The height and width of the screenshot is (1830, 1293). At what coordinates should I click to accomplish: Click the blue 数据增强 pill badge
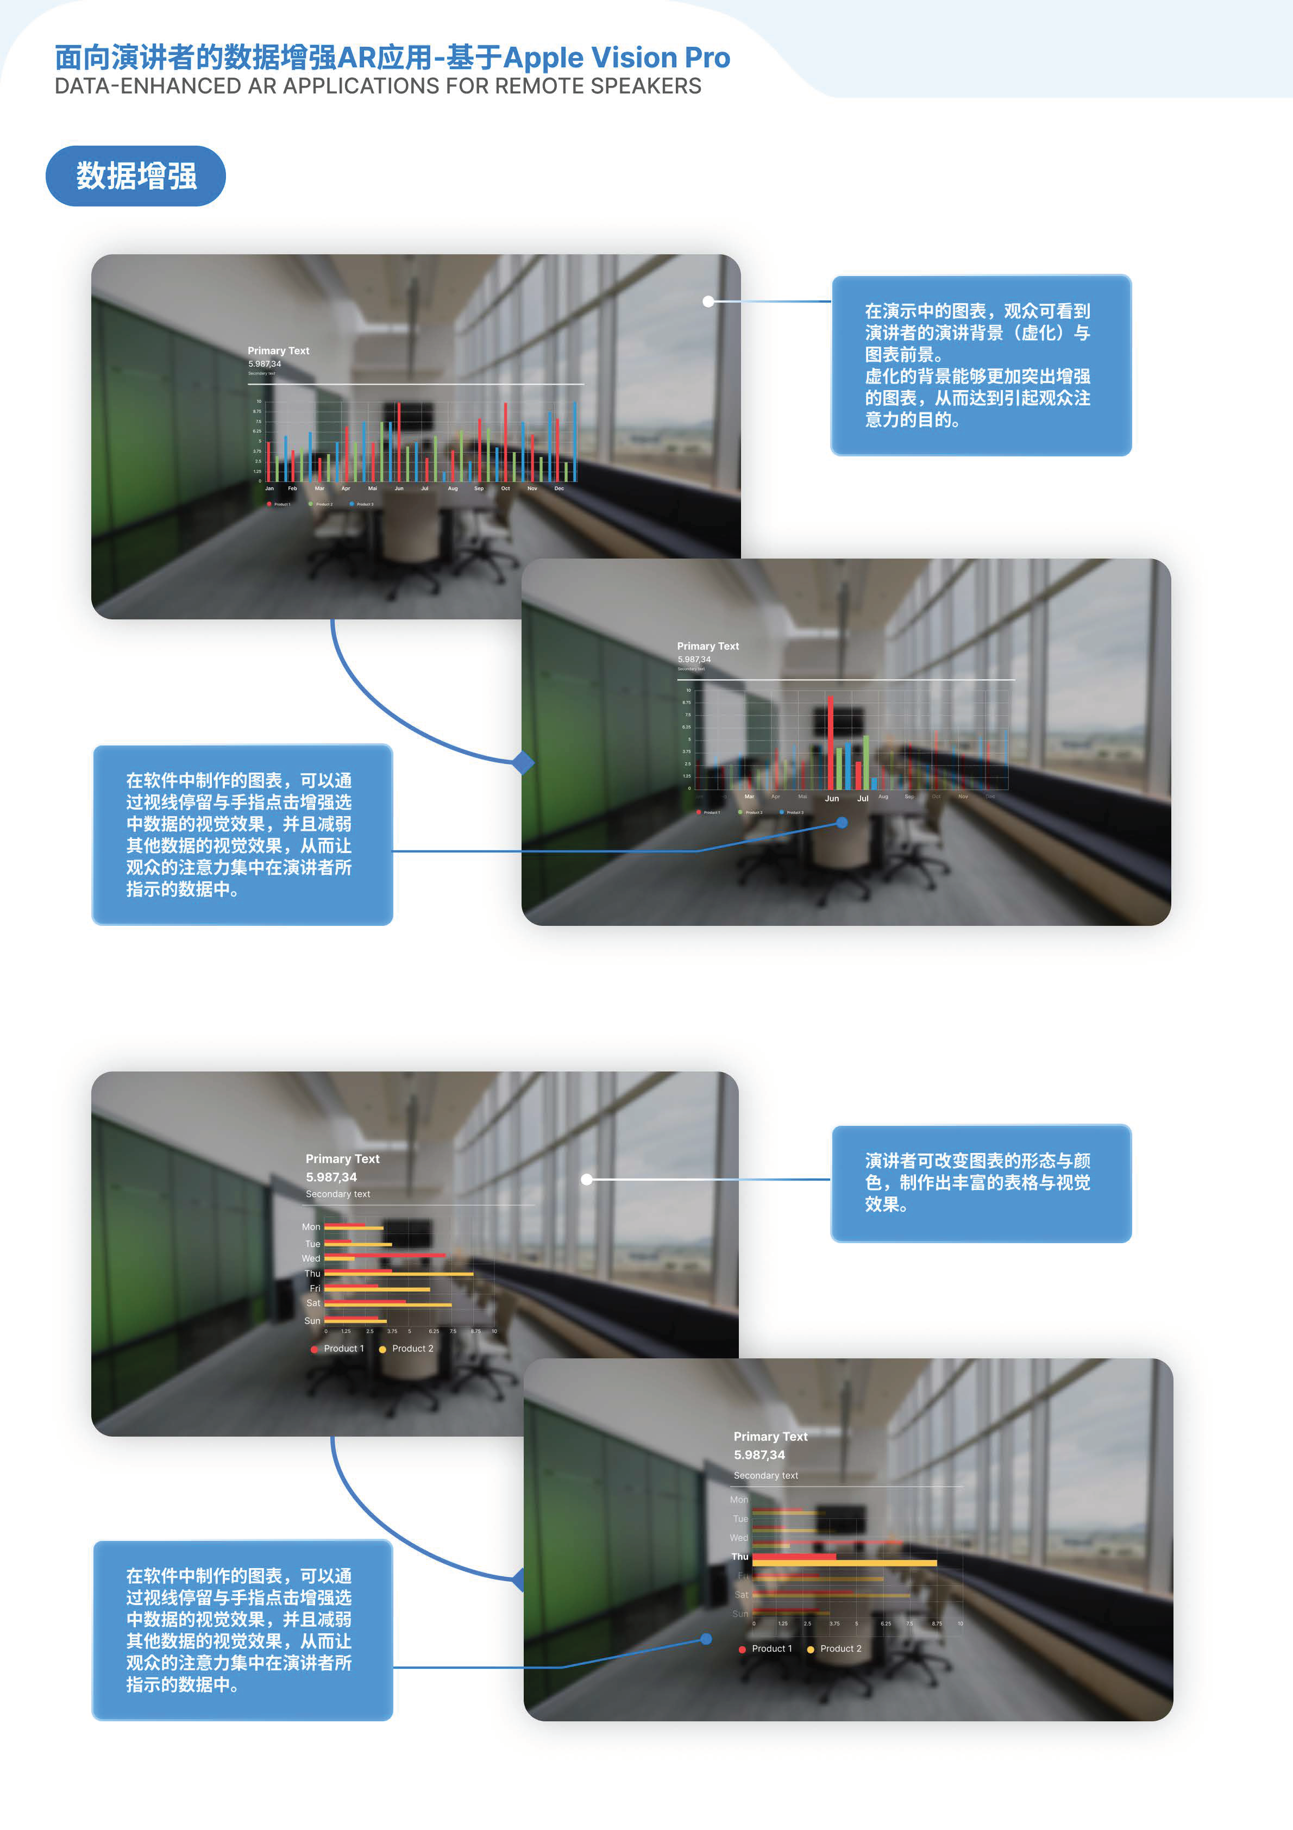tap(135, 176)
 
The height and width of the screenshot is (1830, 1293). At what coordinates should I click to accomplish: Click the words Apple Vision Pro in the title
tap(616, 58)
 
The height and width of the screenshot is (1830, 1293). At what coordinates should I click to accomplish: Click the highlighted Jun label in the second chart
tap(831, 798)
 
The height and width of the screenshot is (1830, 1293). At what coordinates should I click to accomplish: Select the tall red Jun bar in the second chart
tap(830, 741)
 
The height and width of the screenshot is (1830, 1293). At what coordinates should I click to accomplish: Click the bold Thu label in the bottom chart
tap(740, 1557)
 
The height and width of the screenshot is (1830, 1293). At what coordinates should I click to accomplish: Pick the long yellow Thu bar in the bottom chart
tap(844, 1564)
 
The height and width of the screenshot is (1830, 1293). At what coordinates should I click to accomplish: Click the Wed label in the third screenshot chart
tap(311, 1258)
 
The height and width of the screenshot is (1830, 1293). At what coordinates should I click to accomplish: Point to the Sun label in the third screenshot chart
tap(312, 1321)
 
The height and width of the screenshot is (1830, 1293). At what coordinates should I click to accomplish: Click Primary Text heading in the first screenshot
tap(278, 350)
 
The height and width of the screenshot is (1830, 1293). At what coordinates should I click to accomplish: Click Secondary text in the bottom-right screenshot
tap(765, 1475)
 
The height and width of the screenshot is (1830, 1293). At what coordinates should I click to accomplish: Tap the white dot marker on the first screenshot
tap(708, 301)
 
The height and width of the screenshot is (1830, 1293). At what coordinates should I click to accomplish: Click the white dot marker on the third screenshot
tap(587, 1179)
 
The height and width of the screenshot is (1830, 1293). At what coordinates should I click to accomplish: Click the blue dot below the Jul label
tap(842, 823)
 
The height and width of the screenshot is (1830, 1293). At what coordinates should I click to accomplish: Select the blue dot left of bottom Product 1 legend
tap(706, 1639)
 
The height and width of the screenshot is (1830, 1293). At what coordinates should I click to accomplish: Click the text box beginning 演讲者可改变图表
tap(981, 1183)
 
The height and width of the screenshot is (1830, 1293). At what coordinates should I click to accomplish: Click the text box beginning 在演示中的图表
tap(981, 365)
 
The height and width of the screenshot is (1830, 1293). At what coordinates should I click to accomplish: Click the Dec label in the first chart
tap(559, 488)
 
